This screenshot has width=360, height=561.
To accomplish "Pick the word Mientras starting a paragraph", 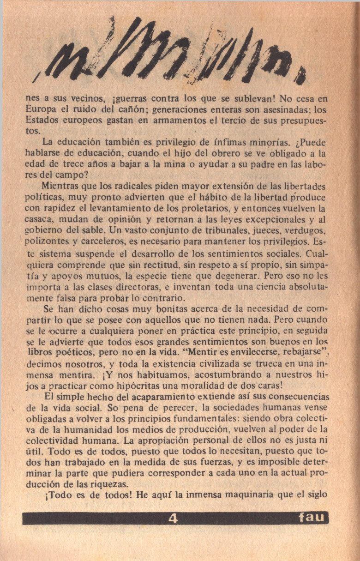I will click(x=61, y=187).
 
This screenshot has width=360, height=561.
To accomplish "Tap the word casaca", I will click(x=40, y=219).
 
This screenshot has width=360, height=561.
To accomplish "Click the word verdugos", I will click(x=309, y=230).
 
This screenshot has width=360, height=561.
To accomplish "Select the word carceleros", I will click(x=108, y=241).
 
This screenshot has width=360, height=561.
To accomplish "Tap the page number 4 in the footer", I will click(x=174, y=518).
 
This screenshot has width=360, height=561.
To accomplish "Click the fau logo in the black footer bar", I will click(x=312, y=518).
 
